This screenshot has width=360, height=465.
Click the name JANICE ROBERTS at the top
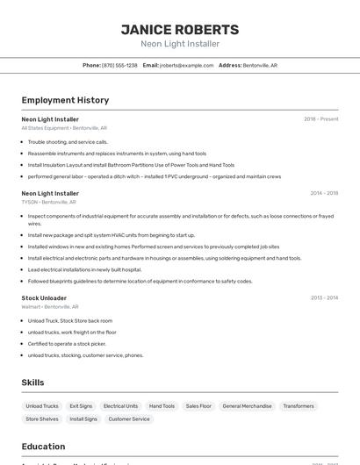click(x=180, y=29)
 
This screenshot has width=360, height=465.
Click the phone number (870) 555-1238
click(x=119, y=65)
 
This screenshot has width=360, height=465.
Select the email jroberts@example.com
click(x=186, y=65)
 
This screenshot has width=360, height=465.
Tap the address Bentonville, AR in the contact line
click(x=260, y=65)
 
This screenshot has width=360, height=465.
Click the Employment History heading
click(x=65, y=100)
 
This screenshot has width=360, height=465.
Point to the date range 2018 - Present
click(x=320, y=119)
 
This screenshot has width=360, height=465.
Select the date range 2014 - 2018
click(x=323, y=193)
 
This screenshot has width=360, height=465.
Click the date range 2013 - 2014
click(x=324, y=298)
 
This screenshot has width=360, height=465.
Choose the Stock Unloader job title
click(x=44, y=298)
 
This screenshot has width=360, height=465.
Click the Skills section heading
click(x=32, y=383)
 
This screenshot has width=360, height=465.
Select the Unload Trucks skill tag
click(x=42, y=406)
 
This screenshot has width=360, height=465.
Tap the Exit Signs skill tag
click(x=81, y=406)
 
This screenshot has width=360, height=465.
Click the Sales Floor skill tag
click(x=198, y=406)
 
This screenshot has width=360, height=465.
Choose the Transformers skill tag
click(x=299, y=406)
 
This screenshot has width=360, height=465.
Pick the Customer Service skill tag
click(x=129, y=419)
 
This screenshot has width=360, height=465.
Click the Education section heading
click(x=43, y=447)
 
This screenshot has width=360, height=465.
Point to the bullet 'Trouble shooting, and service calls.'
click(x=68, y=141)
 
